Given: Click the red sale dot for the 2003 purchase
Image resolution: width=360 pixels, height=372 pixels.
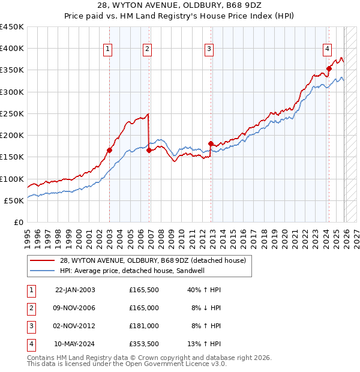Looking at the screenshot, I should (110, 151).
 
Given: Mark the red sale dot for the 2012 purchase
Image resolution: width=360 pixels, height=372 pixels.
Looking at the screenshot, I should (211, 143).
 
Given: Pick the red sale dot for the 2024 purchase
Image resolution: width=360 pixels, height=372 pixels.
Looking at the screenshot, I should (329, 69).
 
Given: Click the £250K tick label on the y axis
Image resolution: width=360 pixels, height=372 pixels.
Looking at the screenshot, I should (12, 113).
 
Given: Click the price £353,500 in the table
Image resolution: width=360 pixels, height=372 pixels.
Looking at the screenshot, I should (144, 344).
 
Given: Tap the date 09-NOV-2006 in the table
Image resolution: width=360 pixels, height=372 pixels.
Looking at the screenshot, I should (74, 308).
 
